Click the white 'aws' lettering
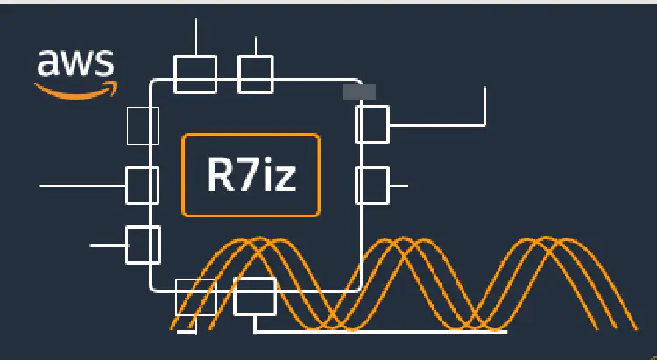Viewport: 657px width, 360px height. pos(75,63)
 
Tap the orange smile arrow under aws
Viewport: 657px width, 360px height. pos(75,88)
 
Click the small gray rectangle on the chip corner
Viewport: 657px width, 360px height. pos(358,91)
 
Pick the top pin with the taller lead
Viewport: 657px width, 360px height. pos(195,74)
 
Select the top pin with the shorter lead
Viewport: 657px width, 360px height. pos(256,74)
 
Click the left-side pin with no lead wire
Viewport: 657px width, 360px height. pos(143,125)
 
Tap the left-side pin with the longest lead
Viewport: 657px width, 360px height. pos(143,185)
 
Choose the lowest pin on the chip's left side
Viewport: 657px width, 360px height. pos(143,244)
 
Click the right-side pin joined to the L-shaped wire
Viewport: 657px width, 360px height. pos(372,124)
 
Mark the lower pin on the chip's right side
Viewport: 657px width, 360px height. pos(372,185)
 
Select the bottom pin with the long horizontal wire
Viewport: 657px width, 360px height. pos(255,296)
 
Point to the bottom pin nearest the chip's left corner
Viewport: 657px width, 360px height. pos(195,297)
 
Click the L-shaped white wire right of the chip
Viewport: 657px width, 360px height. pos(484,114)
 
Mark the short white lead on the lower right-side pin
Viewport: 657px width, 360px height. pos(399,186)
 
